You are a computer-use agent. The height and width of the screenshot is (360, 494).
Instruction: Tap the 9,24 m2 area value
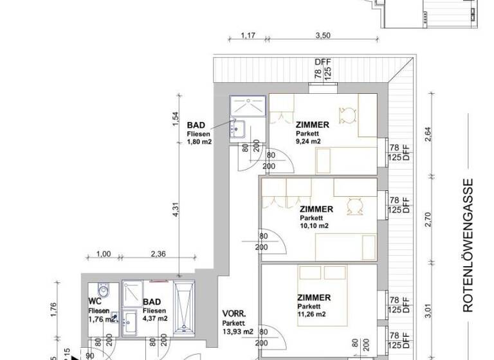(x=309, y=141)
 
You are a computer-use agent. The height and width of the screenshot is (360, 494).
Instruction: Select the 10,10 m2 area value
(x=313, y=226)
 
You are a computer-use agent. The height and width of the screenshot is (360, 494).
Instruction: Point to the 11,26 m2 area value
(x=312, y=314)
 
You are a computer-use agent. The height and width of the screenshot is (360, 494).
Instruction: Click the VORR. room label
(x=232, y=314)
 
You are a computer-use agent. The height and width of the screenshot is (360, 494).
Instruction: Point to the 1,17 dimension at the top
(x=248, y=37)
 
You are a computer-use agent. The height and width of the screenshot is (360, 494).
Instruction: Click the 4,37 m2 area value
(x=155, y=318)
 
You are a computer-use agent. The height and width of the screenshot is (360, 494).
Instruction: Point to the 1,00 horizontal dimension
(x=103, y=254)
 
